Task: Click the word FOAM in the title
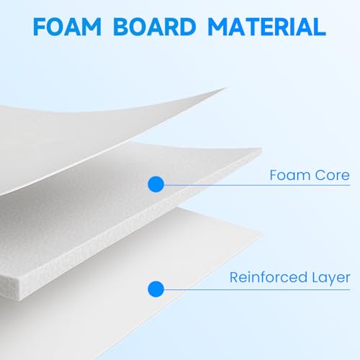[x=67, y=27]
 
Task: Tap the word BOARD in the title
[x=155, y=27]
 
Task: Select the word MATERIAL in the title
[x=266, y=27]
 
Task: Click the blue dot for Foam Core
[x=156, y=184]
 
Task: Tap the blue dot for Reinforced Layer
[x=156, y=289]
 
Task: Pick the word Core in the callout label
[x=333, y=175]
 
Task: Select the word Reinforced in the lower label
[x=269, y=277]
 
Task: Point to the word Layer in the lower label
[x=331, y=279]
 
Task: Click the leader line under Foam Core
[x=257, y=185]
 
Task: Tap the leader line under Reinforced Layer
[x=257, y=289]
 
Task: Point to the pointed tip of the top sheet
[x=225, y=88]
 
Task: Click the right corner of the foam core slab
[x=261, y=149]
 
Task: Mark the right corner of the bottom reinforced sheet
[x=263, y=235]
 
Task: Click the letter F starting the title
[x=40, y=27]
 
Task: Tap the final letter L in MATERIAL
[x=320, y=27]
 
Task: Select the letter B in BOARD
[x=120, y=27]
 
